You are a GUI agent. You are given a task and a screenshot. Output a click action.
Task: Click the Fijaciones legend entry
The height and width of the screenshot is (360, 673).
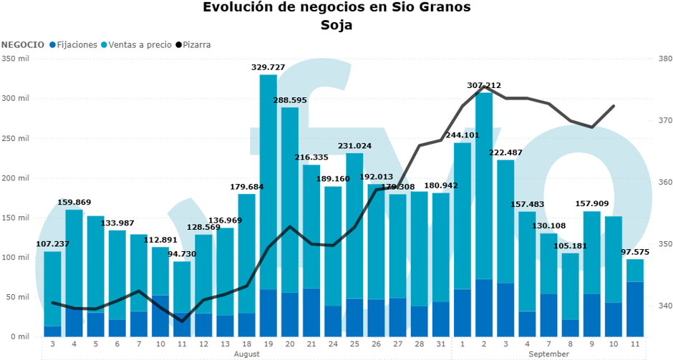tap(74, 44)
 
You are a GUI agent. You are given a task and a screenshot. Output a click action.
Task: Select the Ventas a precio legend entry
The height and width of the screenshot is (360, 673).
tap(136, 44)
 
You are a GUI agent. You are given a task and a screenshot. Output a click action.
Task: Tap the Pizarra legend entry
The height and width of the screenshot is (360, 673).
tap(193, 44)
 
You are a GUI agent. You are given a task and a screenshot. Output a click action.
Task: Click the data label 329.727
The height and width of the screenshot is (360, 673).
tap(268, 67)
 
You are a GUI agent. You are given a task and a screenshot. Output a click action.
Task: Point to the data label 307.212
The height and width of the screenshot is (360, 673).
tap(484, 85)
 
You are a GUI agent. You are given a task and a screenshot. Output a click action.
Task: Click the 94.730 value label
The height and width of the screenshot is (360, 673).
tap(182, 253)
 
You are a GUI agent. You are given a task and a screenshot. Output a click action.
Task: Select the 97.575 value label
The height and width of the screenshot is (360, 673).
tap(635, 252)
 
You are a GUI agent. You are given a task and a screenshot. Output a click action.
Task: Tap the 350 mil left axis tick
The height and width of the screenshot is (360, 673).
tap(15, 59)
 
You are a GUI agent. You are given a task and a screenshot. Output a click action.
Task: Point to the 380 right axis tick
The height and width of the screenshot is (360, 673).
tap(665, 59)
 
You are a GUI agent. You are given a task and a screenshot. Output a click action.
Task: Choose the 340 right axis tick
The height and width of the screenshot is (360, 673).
tap(665, 306)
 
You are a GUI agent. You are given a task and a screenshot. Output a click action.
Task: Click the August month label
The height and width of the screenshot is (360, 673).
tap(247, 354)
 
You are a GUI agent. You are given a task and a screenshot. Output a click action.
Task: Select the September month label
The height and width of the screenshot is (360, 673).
tap(549, 354)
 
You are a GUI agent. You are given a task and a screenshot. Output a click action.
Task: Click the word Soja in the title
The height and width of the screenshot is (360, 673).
tap(336, 25)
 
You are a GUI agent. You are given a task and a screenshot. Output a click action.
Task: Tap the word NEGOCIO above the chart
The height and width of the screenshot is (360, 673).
tap(23, 44)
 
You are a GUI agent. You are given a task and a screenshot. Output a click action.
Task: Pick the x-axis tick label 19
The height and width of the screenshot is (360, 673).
tap(268, 344)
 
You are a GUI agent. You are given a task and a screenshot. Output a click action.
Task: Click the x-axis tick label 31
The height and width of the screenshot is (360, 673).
tap(441, 344)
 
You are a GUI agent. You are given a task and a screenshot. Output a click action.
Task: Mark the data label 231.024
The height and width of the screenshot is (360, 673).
tap(354, 146)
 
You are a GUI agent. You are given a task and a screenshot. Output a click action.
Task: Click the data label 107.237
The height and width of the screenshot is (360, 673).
tap(53, 244)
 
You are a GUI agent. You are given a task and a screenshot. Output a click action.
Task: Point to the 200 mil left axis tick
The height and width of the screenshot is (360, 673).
tap(15, 177)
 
